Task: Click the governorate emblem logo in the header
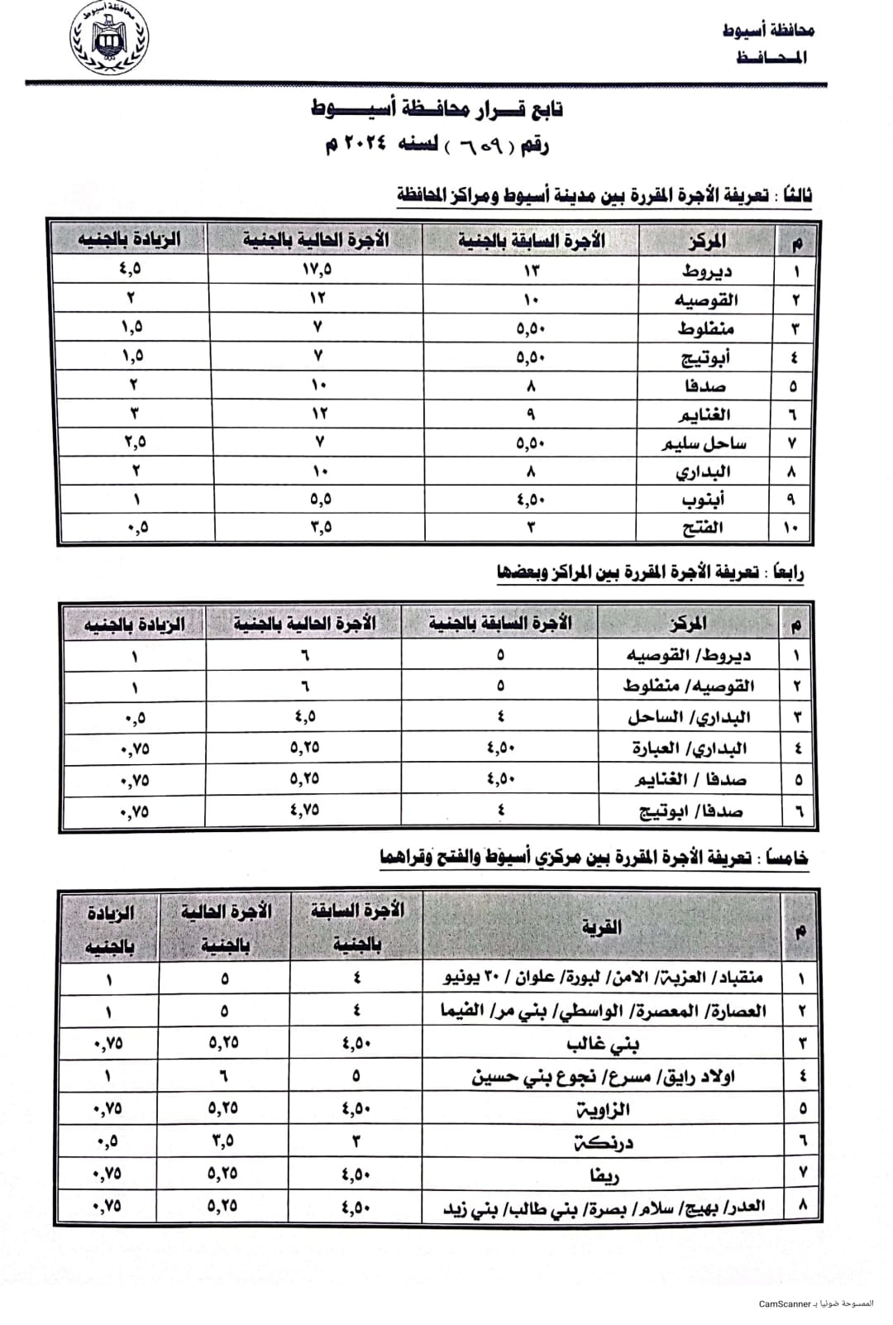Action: [x=108, y=39]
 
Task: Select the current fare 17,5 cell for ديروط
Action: [x=317, y=270]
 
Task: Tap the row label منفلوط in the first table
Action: [x=705, y=328]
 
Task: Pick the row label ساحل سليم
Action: [x=704, y=443]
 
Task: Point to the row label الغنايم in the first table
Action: [x=704, y=414]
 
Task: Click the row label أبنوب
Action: [x=704, y=500]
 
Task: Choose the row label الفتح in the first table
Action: [x=704, y=528]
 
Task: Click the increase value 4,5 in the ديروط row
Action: [x=131, y=269]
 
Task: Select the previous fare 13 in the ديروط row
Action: [x=530, y=270]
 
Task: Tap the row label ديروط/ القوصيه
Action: [x=688, y=655]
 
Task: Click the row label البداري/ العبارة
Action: [x=690, y=749]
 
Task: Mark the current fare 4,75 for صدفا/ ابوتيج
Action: [x=304, y=811]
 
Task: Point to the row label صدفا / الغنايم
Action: [x=690, y=780]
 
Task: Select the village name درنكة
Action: [x=604, y=1143]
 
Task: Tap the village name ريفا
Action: [x=604, y=1175]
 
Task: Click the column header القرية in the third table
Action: [x=601, y=927]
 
